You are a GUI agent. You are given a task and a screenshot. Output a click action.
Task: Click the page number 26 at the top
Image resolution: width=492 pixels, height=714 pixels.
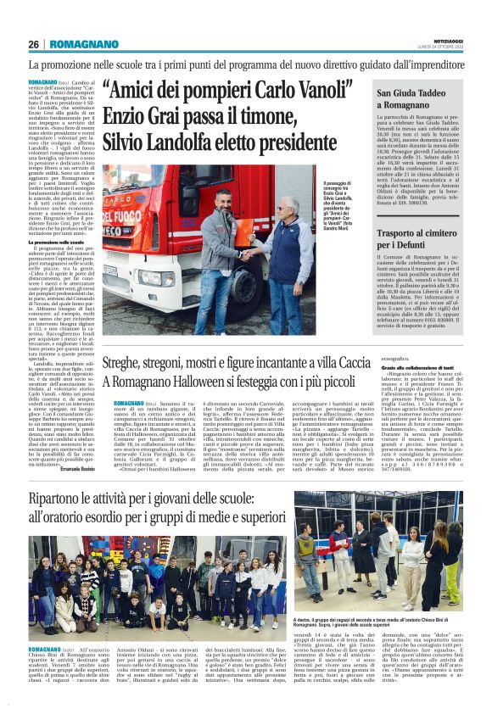point(34,44)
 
